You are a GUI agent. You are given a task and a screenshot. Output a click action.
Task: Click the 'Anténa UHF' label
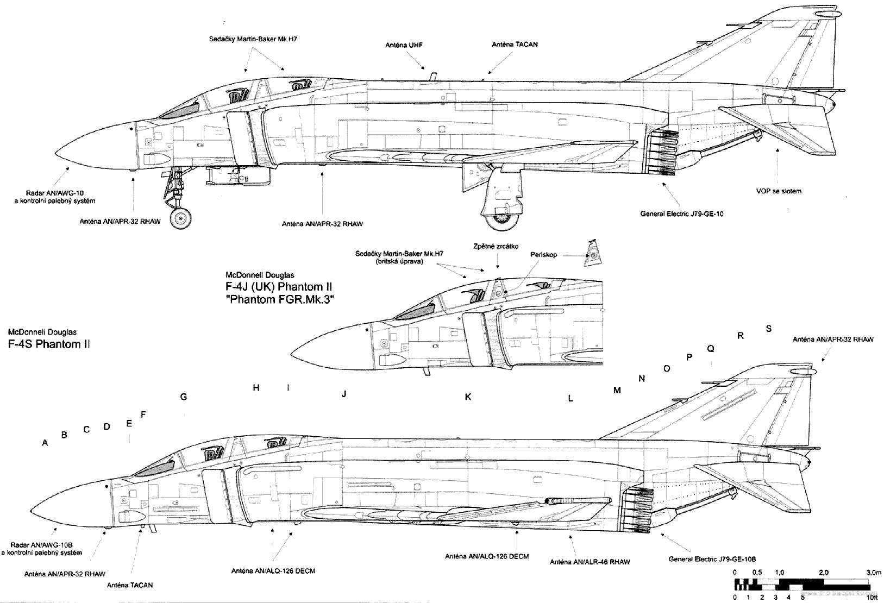(x=404, y=45)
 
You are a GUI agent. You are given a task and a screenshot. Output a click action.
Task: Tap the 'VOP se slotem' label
(x=779, y=191)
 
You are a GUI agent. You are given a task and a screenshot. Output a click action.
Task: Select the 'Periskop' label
(x=543, y=255)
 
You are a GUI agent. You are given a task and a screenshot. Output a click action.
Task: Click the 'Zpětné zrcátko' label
(x=496, y=246)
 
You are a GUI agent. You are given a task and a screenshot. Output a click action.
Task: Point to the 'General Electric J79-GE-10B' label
(x=712, y=559)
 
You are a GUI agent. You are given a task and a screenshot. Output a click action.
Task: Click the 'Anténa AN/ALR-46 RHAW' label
(x=590, y=562)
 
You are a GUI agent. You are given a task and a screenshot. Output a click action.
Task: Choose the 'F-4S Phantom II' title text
(x=49, y=344)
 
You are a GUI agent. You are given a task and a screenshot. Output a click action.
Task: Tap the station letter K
(x=468, y=397)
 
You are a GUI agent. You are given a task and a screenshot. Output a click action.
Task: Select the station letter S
(x=768, y=329)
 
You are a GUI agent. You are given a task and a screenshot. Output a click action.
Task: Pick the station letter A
(x=45, y=443)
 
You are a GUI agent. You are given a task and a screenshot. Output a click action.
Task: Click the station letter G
(x=184, y=397)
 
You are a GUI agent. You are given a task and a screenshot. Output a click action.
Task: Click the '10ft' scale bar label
(x=872, y=598)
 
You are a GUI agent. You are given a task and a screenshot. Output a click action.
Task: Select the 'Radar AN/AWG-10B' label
(x=41, y=545)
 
